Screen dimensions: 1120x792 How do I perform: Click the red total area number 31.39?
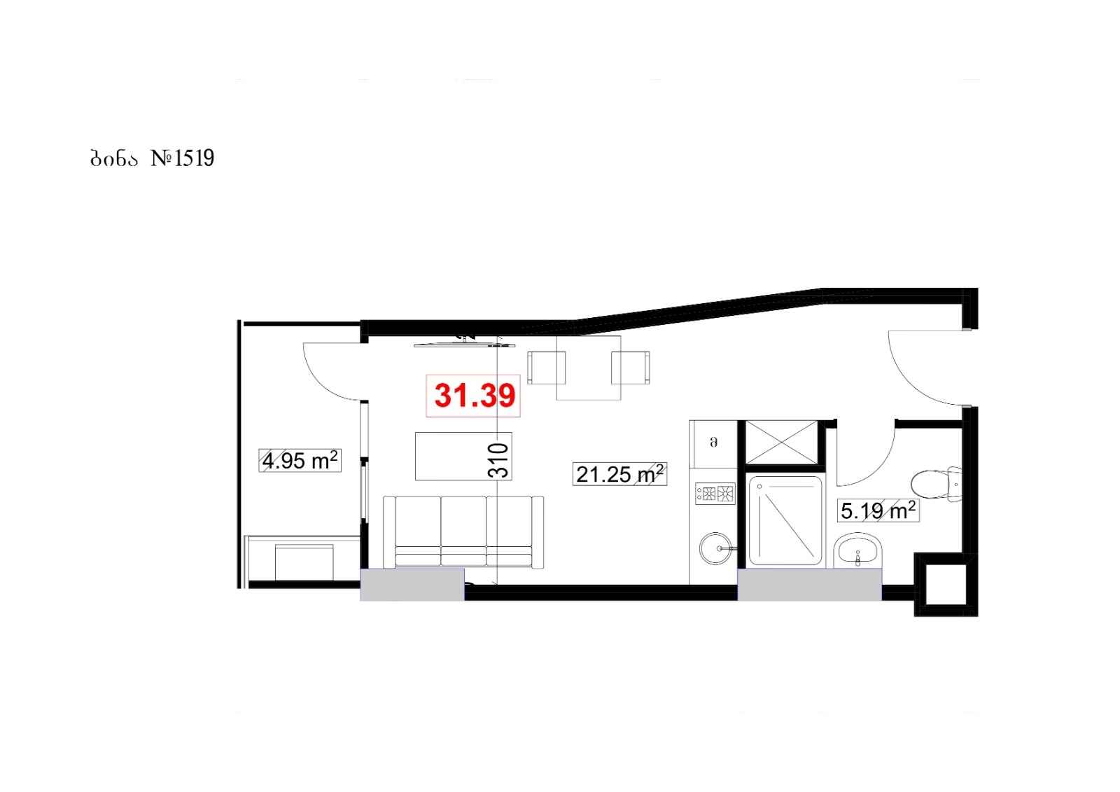[x=475, y=396]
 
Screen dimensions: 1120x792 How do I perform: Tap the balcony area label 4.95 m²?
[x=300, y=461]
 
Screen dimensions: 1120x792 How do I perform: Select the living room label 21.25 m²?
[x=620, y=474]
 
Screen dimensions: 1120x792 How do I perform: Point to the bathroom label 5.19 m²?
[x=878, y=510]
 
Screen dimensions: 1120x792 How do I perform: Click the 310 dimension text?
[x=498, y=460]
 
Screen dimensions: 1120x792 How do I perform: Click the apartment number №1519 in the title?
[x=183, y=158]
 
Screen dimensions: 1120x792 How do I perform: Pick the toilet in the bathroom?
[x=937, y=485]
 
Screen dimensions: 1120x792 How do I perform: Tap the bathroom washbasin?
[x=858, y=550]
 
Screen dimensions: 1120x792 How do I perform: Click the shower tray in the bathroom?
[x=785, y=521]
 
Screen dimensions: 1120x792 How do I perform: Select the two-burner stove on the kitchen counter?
[x=715, y=494]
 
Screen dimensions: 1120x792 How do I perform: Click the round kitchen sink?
[x=716, y=548]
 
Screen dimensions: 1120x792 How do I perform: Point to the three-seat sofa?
[x=463, y=532]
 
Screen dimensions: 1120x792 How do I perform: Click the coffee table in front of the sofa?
[x=463, y=457]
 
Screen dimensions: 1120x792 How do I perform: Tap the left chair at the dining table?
[x=547, y=368]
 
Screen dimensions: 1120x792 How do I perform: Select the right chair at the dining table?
[x=631, y=368]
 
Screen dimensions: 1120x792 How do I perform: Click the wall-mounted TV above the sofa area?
[x=465, y=345]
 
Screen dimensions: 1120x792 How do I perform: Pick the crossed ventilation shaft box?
[x=781, y=443]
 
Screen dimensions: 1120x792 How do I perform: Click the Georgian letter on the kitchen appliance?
[x=714, y=443]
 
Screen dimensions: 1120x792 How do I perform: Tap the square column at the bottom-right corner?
[x=946, y=584]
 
